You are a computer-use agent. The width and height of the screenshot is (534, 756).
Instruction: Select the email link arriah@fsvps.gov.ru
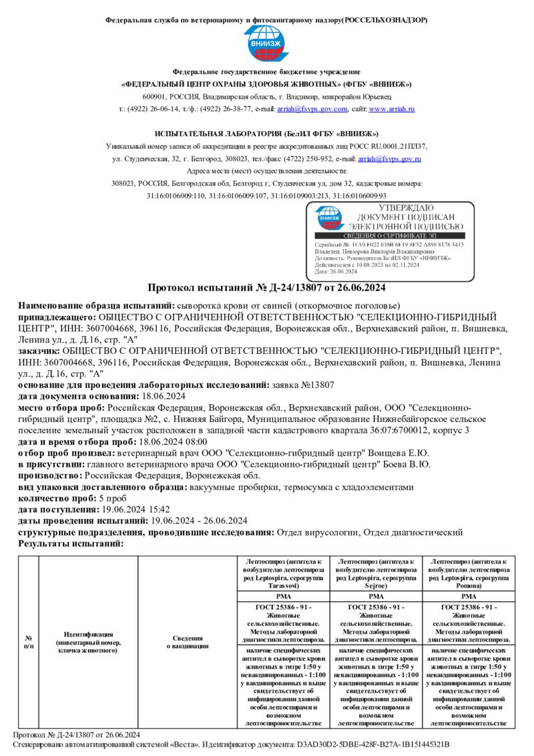click(x=389, y=159)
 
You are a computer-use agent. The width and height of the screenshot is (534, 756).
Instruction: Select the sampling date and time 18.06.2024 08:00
click(x=172, y=441)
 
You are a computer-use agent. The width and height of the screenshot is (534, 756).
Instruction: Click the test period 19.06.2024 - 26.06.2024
click(x=199, y=520)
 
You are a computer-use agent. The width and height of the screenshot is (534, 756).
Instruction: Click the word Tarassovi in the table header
click(x=279, y=584)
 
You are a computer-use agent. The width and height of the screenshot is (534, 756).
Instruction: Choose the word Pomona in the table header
click(x=469, y=584)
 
